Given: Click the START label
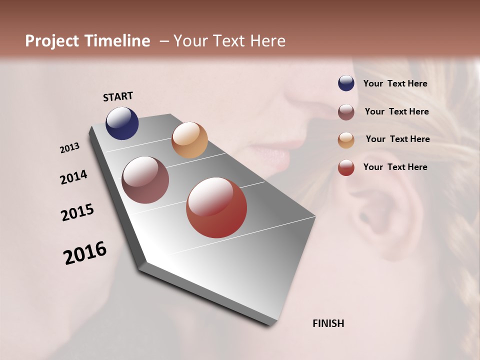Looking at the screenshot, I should click(118, 96).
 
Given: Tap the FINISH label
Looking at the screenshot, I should click(328, 323).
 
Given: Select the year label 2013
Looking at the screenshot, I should click(70, 148).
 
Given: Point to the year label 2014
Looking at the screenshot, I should click(74, 177).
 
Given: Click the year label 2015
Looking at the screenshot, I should click(77, 212).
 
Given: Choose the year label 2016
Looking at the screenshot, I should click(85, 252).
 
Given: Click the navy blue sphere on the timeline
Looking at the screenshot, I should click(122, 123).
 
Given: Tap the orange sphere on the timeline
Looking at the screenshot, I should click(189, 140).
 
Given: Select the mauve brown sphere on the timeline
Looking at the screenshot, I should click(145, 180).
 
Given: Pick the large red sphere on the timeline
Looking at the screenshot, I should click(216, 207).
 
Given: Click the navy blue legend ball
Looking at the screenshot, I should click(346, 83).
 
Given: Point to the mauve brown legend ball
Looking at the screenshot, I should click(346, 112).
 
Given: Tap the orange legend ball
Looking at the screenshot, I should click(346, 140).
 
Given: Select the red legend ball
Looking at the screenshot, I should click(346, 167).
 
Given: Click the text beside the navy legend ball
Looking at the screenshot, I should click(395, 83).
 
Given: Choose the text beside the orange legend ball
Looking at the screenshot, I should click(397, 139).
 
